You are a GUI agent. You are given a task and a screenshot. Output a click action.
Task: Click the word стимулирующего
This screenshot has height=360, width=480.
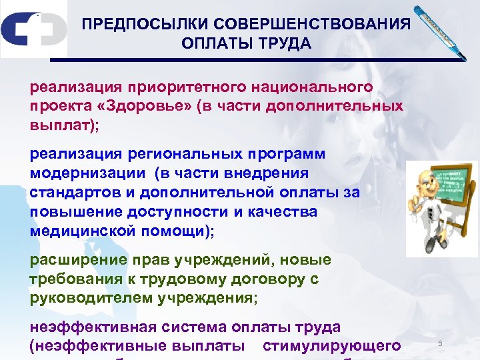coord(332,345)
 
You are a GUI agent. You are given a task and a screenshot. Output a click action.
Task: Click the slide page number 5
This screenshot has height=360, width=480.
coord(440,343)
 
